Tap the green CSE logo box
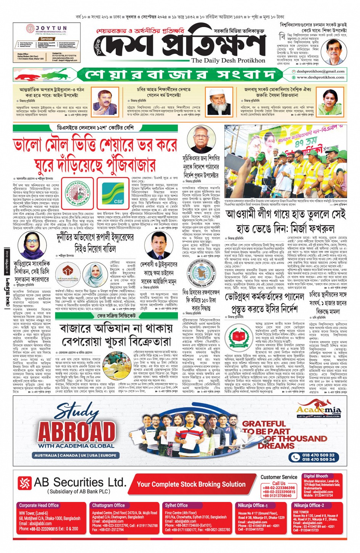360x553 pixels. coord(118,193)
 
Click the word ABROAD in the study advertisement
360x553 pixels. coord(77,432)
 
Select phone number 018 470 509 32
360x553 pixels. coord(318,455)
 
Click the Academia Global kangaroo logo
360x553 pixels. coord(319,410)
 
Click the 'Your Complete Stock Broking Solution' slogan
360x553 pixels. coord(191,484)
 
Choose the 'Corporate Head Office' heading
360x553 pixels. coord(39,505)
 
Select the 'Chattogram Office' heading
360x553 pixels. coord(109,505)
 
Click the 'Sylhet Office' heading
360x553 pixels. coord(176,505)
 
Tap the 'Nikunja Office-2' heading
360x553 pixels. coord(309,505)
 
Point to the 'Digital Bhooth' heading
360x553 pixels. coord(316,476)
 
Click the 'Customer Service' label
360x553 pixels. coord(279,477)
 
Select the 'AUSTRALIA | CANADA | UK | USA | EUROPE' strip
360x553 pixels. coord(75,455)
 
